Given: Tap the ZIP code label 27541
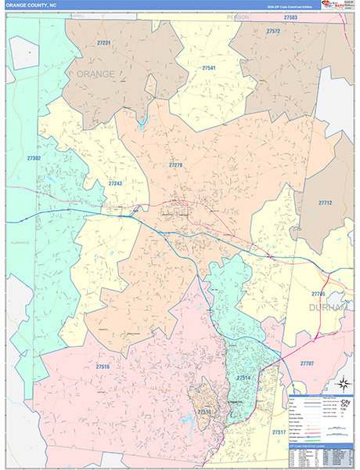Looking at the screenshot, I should click(x=209, y=68).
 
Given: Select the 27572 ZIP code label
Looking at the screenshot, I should click(x=273, y=31).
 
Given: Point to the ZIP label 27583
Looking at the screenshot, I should click(x=290, y=16).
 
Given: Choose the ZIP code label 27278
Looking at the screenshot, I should click(x=175, y=165).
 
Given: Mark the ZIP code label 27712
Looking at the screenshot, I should click(x=325, y=203).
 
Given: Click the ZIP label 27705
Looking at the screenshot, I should click(x=318, y=293).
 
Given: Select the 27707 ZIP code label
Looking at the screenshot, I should click(x=306, y=363).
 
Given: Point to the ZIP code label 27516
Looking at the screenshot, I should click(x=81, y=366).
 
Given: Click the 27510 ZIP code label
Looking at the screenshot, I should click(x=204, y=412).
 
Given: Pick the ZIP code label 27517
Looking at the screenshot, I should click(x=279, y=432).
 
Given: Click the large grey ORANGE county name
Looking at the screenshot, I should click(x=95, y=74).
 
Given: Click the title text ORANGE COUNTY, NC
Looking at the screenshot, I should click(x=31, y=5).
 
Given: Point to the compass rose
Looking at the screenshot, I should click(x=342, y=384).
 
